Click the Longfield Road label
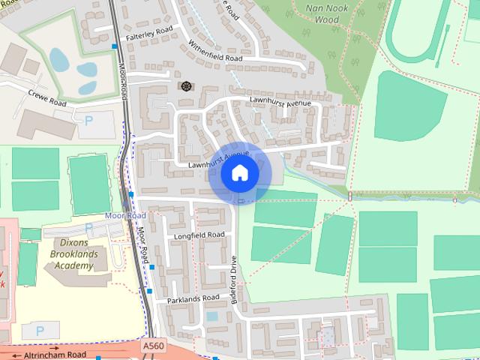199,235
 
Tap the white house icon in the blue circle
240,173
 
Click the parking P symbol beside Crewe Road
89,119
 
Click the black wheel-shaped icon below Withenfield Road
184,85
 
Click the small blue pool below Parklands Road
212,316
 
